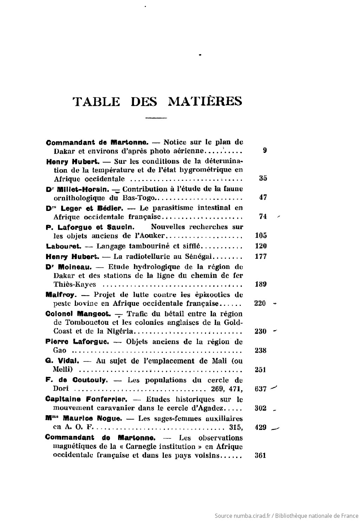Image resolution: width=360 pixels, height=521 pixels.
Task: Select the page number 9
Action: click(x=264, y=151)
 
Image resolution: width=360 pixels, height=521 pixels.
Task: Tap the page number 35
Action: click(x=263, y=178)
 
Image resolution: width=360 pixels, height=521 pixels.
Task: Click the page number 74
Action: click(x=263, y=217)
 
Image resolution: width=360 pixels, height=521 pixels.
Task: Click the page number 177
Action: click(x=261, y=256)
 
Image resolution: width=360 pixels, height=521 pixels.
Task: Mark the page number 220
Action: click(x=260, y=303)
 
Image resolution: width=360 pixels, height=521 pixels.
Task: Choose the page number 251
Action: click(x=261, y=369)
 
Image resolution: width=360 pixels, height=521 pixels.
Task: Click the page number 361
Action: click(x=260, y=456)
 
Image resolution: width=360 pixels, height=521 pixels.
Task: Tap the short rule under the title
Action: click(x=156, y=118)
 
